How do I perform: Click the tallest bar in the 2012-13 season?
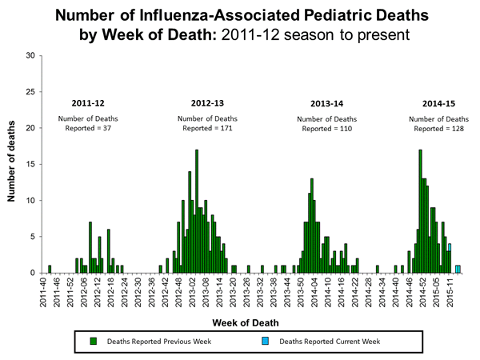coord(197,211)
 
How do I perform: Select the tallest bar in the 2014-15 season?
coord(420,211)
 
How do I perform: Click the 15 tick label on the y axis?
coord(30,164)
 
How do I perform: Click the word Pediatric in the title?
coord(313,17)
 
